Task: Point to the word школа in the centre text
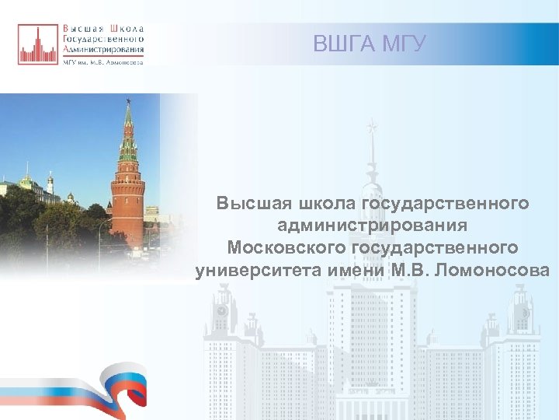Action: click(324, 204)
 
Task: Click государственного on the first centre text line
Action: click(446, 204)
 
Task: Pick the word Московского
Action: click(286, 247)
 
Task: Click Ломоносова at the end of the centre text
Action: click(500, 270)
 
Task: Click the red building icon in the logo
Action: click(38, 44)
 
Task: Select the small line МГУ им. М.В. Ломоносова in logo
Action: click(102, 63)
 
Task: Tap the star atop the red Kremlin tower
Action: click(128, 100)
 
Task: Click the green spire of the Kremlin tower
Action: click(128, 121)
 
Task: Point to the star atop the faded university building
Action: click(373, 124)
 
